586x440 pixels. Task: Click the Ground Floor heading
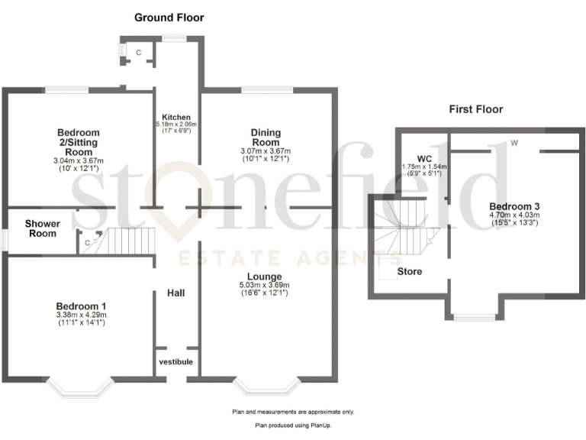[169, 17]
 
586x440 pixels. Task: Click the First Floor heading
[476, 109]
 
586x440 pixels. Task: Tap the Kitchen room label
[176, 116]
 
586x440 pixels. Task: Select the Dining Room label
[266, 137]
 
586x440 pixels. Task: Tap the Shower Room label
[41, 228]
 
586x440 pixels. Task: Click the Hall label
[176, 293]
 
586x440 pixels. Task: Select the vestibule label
[175, 361]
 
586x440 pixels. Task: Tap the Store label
[409, 271]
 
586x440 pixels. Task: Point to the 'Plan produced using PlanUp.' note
[293, 425]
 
